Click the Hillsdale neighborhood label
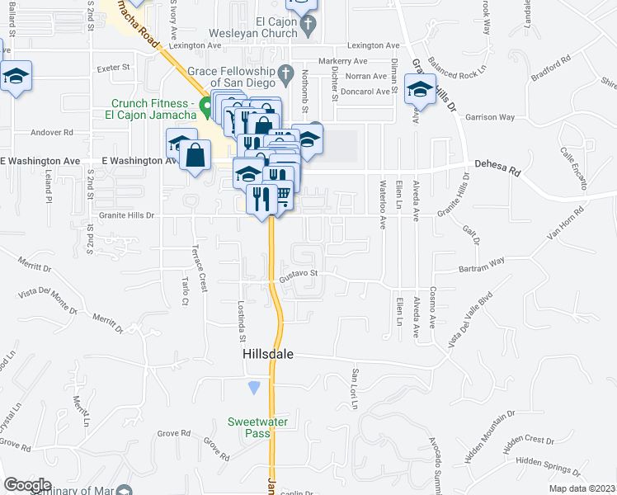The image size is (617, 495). click(x=268, y=353)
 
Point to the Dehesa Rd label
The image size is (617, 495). click(x=502, y=172)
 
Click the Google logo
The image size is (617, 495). click(x=27, y=485)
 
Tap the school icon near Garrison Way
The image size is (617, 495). click(x=420, y=88)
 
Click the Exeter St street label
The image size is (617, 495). click(x=115, y=67)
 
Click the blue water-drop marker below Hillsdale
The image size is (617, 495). click(x=254, y=387)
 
